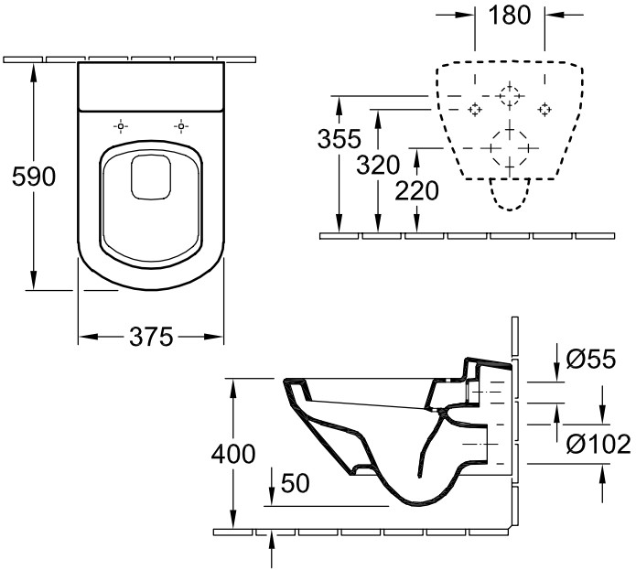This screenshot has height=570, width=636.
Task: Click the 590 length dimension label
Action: [x=34, y=177]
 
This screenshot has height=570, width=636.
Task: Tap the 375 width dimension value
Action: [x=151, y=337]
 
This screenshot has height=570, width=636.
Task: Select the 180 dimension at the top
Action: [x=509, y=15]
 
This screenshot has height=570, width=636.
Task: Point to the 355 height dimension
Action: [x=340, y=139]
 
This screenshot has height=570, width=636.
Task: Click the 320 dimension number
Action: [x=378, y=165]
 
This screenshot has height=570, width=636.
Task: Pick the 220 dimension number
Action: [x=416, y=190]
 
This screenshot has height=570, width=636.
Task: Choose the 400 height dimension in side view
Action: [x=233, y=454]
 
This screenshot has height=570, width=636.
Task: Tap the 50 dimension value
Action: [x=295, y=483]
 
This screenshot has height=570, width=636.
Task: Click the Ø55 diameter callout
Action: [x=591, y=359]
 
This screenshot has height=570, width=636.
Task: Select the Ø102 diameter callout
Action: [x=598, y=444]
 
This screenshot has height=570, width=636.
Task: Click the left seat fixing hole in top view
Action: [x=121, y=127]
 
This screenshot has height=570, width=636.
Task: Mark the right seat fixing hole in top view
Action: [x=181, y=127]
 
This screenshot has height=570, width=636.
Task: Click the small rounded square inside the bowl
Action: [x=151, y=178]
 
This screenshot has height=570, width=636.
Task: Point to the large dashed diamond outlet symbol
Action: [x=510, y=148]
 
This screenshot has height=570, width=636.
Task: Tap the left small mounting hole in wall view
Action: [x=474, y=110]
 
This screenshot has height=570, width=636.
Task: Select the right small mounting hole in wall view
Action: [x=544, y=110]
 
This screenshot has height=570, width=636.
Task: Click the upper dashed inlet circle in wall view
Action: [x=510, y=96]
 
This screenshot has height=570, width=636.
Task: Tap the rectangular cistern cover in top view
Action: [x=151, y=87]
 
